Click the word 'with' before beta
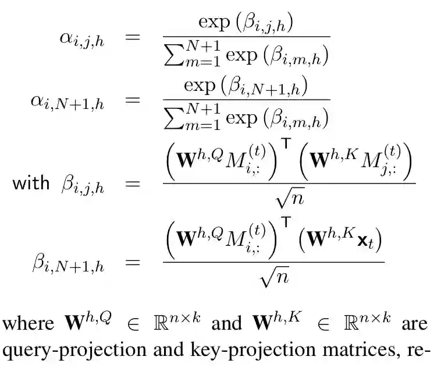point(31,183)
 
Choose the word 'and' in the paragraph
point(223,324)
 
